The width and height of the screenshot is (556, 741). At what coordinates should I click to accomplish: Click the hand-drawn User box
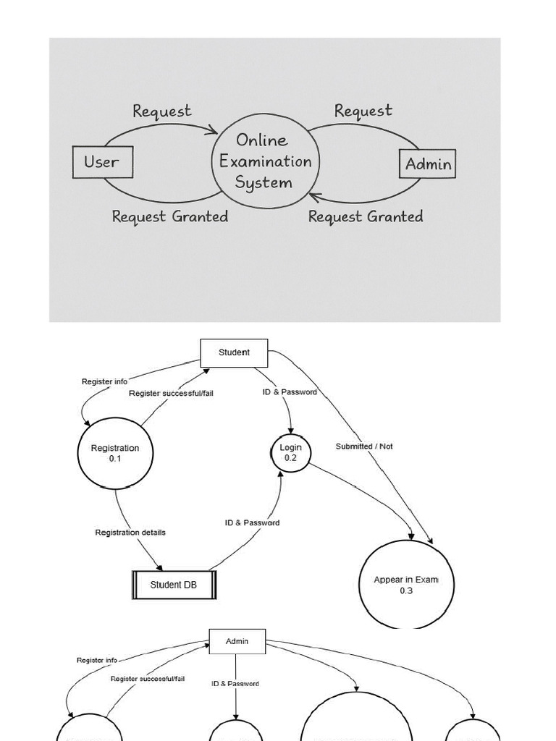click(103, 162)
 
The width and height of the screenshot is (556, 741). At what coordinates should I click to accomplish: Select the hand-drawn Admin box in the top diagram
click(428, 164)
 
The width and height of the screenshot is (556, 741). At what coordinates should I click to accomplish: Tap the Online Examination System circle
click(266, 161)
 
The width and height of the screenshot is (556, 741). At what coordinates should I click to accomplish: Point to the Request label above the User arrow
click(162, 111)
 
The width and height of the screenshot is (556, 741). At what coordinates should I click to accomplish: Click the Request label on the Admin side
click(363, 111)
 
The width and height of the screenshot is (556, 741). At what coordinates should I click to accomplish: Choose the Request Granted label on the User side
click(170, 216)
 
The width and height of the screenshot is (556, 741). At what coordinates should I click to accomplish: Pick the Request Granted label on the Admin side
click(366, 216)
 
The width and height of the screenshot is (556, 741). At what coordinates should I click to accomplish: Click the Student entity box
click(234, 352)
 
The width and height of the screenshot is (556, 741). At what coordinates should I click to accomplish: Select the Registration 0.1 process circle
click(115, 454)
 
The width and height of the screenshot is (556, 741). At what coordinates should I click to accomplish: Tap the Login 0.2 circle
click(290, 453)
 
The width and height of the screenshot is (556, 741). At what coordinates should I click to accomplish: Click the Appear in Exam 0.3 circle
click(406, 585)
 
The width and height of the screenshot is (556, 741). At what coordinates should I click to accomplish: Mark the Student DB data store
click(174, 585)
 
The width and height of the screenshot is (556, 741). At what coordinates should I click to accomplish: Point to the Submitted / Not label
click(364, 446)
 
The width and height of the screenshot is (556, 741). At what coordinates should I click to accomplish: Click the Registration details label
click(130, 533)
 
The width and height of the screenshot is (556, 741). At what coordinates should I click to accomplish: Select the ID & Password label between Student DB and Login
click(252, 522)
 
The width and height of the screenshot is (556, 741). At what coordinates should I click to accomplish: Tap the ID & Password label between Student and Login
click(290, 392)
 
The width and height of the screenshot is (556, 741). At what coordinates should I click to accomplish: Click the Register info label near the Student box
click(104, 381)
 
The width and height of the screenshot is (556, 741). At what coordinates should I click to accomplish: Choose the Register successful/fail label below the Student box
click(171, 393)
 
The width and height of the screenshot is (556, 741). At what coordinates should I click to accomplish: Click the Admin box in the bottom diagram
click(237, 641)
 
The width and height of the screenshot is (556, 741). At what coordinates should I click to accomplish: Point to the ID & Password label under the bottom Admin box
click(235, 683)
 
